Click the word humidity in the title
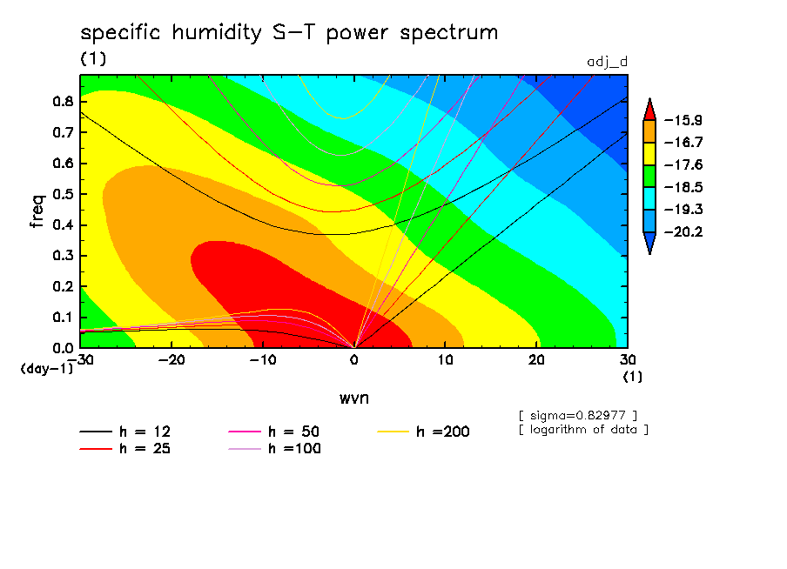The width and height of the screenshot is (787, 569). [216, 33]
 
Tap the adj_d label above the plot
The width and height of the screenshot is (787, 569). [608, 62]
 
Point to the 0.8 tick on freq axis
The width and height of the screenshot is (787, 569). [63, 101]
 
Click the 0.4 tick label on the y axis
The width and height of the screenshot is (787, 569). [63, 224]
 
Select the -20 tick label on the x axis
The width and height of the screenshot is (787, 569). [172, 360]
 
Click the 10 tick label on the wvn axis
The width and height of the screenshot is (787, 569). [445, 360]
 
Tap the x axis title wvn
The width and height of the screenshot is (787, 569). [354, 398]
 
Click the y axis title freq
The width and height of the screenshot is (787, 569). [37, 211]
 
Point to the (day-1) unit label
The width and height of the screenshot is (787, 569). [47, 369]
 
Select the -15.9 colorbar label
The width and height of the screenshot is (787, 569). [683, 120]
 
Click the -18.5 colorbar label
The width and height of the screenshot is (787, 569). [683, 188]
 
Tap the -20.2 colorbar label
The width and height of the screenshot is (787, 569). [683, 231]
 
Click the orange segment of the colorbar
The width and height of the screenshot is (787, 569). [649, 131]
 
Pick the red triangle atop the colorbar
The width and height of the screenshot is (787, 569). [649, 111]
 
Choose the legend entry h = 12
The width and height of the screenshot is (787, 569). [125, 432]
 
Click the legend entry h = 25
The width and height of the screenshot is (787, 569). [125, 448]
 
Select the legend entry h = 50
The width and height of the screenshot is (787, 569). [274, 432]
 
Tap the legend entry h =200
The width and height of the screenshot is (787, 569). [423, 432]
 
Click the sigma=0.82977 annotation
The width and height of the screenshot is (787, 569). [578, 416]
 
